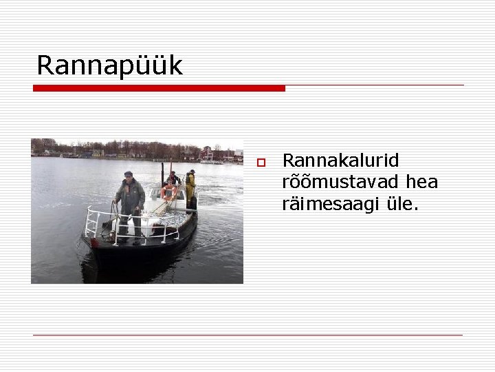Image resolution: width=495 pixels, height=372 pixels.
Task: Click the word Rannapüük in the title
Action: click(109, 65)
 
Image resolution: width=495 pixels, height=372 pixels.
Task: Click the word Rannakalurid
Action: click(340, 161)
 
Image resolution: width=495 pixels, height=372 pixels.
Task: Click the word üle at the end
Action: click(400, 204)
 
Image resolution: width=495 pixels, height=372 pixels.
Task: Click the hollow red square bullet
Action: click(261, 163)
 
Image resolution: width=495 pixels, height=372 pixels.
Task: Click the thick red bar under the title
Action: click(159, 88)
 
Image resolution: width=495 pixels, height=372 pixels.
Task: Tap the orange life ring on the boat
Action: click(168, 192)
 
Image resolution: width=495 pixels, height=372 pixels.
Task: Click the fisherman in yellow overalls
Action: click(190, 185)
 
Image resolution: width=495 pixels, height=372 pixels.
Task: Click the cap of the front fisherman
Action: click(129, 174)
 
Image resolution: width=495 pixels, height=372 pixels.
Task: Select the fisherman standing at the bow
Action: click(130, 203)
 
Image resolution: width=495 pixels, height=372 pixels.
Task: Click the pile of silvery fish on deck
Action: click(168, 219)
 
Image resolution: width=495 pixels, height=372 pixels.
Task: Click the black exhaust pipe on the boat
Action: click(162, 174)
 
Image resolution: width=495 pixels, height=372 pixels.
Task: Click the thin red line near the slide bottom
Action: click(247, 335)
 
